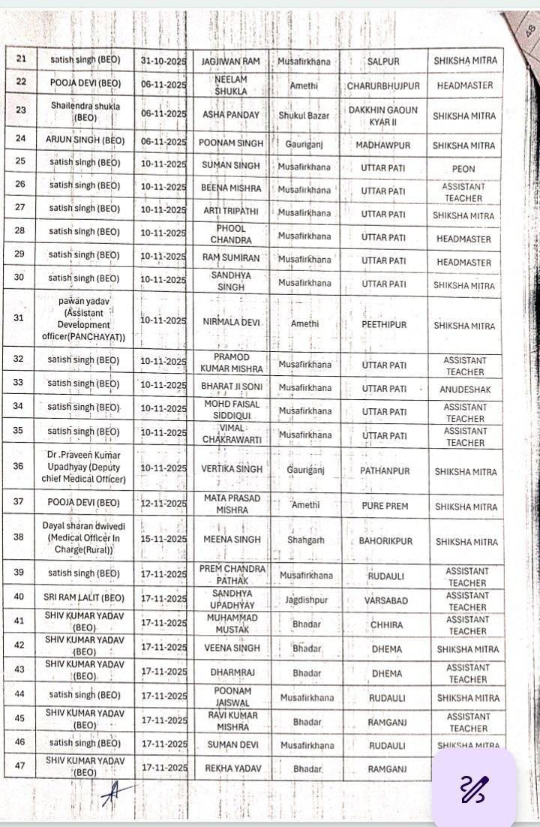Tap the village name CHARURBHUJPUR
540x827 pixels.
point(383,86)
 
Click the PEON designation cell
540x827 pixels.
point(464,170)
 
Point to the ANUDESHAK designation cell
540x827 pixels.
point(464,389)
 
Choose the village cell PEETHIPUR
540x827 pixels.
point(383,326)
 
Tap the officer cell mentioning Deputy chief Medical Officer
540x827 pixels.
point(84,468)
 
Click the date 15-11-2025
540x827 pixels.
point(163,540)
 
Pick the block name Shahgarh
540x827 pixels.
point(305,539)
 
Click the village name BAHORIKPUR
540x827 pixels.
point(383,540)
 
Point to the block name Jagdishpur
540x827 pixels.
point(305,600)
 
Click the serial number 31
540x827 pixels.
point(19,318)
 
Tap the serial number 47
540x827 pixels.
point(19,766)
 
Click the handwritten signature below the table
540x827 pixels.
point(116,790)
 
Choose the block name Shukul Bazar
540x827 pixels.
point(305,115)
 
